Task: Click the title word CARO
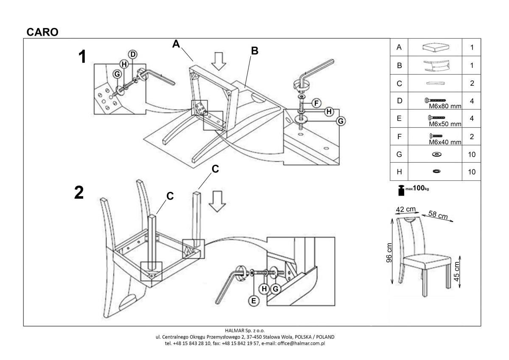[x=42, y=32]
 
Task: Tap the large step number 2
[x=79, y=193]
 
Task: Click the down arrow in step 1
[x=219, y=61]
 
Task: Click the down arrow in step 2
[x=218, y=201]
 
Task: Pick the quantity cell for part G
[x=472, y=155]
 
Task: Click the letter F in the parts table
[x=399, y=137]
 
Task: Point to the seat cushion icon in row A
[x=436, y=47]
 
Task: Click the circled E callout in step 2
[x=254, y=301]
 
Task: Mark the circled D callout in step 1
[x=133, y=54]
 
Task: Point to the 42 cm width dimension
[x=406, y=209]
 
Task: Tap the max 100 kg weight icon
[x=401, y=190]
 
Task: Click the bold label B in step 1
[x=255, y=51]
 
